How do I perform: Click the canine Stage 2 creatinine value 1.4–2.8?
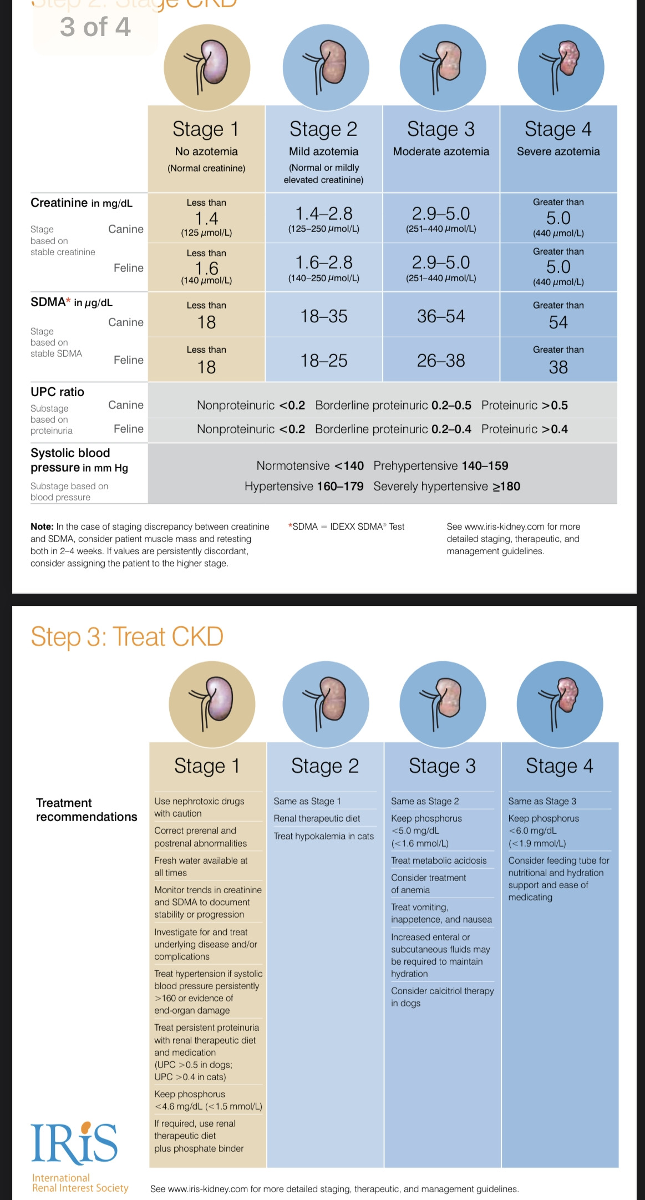[324, 214]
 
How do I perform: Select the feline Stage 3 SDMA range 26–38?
[441, 361]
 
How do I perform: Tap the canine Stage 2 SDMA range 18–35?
[324, 316]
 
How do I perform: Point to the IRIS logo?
[74, 1143]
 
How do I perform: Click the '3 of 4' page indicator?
[95, 27]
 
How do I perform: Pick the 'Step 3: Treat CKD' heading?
[127, 636]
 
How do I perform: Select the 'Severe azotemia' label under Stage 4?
[558, 151]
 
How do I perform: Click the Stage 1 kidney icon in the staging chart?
[207, 67]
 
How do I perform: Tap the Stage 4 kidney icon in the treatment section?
[560, 703]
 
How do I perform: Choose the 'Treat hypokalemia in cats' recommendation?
[324, 836]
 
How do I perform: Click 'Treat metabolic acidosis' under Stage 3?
[439, 860]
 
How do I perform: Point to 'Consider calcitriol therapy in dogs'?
[442, 997]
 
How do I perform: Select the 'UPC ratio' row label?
[58, 392]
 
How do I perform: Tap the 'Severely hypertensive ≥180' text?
[446, 487]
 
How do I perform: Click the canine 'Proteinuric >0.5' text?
[524, 406]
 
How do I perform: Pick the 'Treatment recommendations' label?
[86, 809]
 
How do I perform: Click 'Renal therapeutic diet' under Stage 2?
[317, 818]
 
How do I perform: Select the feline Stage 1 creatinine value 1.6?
[206, 268]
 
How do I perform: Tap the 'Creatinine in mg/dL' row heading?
[82, 203]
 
